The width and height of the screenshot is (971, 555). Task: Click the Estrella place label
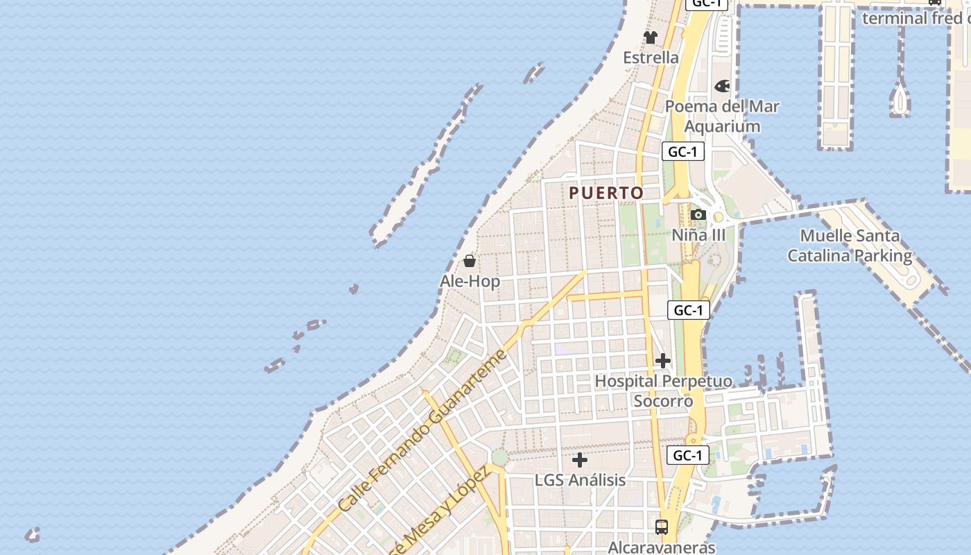tap(651, 58)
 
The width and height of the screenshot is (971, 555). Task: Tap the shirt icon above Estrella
tap(650, 37)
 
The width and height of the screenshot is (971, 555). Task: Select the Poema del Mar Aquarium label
tap(722, 117)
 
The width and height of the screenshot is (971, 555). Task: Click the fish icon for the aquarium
tap(722, 86)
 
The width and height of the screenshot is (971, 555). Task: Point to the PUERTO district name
tap(607, 193)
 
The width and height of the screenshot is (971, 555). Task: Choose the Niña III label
tap(698, 235)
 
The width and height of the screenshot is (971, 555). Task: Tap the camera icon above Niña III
tap(698, 215)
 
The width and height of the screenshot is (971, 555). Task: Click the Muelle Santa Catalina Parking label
tap(850, 246)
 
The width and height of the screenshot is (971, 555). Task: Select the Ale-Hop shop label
tap(470, 281)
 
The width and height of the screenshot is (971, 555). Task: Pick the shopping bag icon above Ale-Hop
tap(470, 261)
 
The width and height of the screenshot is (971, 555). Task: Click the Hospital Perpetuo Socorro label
tap(663, 391)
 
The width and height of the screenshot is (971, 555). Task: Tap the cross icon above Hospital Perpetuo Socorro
tap(663, 361)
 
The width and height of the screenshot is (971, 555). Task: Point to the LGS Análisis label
tap(580, 480)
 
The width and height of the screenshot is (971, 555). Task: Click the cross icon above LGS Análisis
tap(580, 460)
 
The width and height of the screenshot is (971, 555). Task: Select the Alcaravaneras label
tap(661, 547)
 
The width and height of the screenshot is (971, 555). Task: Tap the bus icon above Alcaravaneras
tap(662, 527)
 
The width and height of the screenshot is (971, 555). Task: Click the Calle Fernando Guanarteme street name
tap(423, 432)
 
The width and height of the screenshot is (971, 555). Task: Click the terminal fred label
tap(916, 18)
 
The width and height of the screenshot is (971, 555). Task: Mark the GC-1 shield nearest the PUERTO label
tap(683, 152)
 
